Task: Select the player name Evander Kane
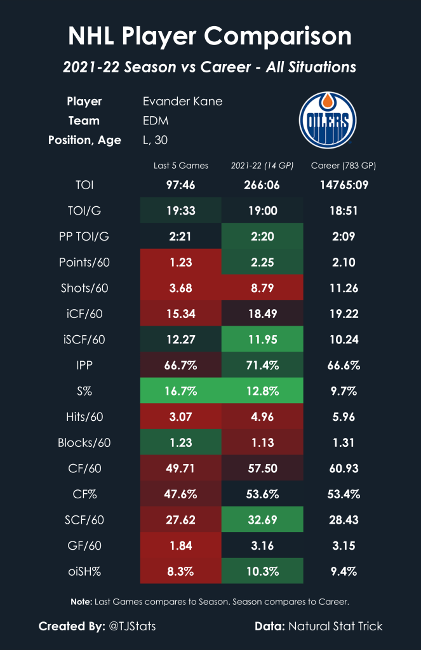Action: coord(183,102)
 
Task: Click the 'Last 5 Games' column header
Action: coord(181,166)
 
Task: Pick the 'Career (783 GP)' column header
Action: coord(344,166)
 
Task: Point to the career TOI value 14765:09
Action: coord(344,185)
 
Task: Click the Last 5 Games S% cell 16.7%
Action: coord(181,391)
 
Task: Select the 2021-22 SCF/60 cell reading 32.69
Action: coord(262,519)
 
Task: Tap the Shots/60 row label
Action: coord(92,288)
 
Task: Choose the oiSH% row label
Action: coord(92,571)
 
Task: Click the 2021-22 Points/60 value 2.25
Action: coord(262,262)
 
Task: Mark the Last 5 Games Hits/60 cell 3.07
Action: coord(181,416)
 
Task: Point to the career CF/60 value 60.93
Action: coord(344,468)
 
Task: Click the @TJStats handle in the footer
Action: coord(132,626)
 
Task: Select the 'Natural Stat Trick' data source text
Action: coord(336,626)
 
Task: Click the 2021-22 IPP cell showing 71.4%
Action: coord(262,365)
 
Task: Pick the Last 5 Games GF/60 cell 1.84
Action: coord(181,545)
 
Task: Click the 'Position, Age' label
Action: coord(84,140)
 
